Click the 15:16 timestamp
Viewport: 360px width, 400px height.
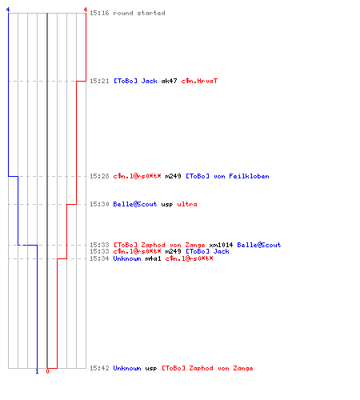point(99,13)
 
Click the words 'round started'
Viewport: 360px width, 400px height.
point(139,13)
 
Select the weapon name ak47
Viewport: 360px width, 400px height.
point(169,81)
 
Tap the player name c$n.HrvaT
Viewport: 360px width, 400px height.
point(199,81)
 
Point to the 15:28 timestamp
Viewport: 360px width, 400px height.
point(99,176)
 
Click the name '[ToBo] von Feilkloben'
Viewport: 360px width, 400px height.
point(227,176)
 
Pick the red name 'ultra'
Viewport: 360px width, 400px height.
point(187,204)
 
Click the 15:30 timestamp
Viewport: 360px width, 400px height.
point(99,204)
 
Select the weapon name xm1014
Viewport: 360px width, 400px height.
point(221,245)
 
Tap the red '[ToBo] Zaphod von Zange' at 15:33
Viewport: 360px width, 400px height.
point(159,245)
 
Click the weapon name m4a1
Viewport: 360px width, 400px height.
point(153,258)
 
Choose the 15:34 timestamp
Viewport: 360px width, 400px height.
point(99,258)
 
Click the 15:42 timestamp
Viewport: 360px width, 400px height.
point(99,368)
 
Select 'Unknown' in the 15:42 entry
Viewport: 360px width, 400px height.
point(127,368)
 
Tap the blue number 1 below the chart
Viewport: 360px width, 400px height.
point(37,371)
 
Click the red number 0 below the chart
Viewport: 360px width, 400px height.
point(47,371)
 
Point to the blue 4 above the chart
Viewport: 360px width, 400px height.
point(8,10)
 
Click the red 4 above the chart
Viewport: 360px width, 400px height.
point(86,10)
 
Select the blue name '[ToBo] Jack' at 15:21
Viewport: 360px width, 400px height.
point(135,81)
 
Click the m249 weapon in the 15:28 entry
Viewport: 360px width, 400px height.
point(173,176)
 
